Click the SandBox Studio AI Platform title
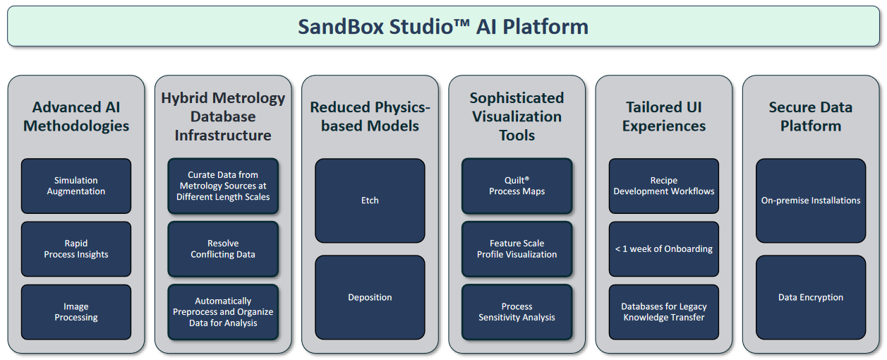click(443, 27)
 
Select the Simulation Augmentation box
click(76, 186)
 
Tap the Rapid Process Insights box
click(76, 249)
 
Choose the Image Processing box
click(76, 312)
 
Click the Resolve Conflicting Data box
click(223, 249)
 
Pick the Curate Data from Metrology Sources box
click(223, 186)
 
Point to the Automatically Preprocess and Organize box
click(223, 312)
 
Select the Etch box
click(370, 200)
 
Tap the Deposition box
click(370, 297)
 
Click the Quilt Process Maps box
click(517, 186)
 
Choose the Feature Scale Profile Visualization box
click(517, 249)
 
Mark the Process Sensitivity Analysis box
click(517, 312)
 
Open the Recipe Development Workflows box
click(664, 186)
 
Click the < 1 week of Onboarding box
click(664, 249)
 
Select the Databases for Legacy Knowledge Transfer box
click(664, 312)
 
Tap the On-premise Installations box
click(811, 200)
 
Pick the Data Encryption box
click(811, 297)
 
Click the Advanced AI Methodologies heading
click(76, 116)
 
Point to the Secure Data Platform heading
click(811, 116)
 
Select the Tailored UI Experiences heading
click(664, 116)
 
